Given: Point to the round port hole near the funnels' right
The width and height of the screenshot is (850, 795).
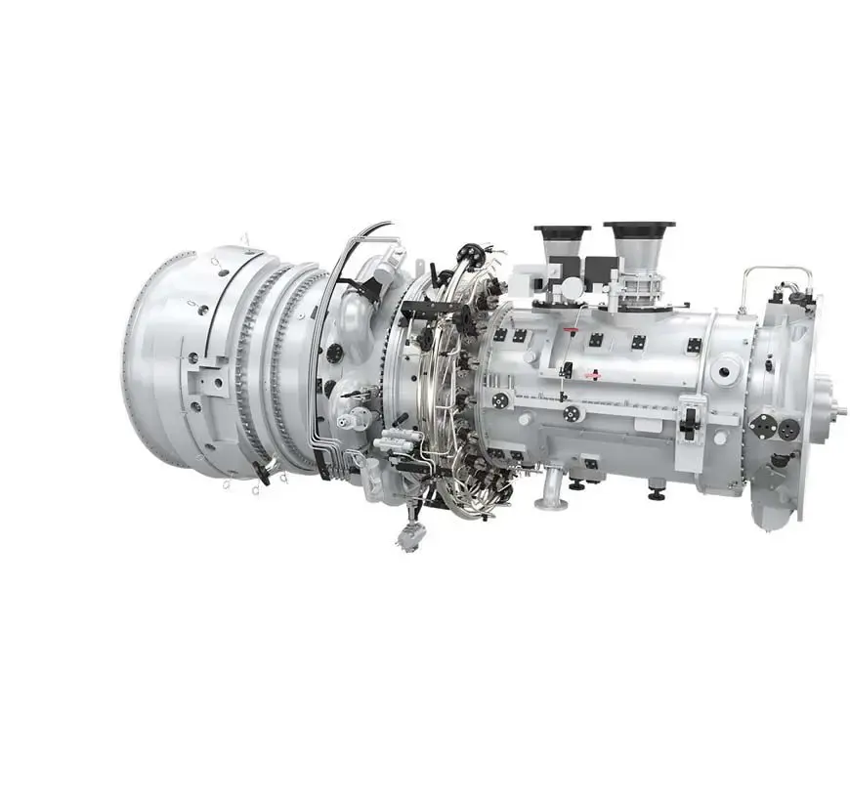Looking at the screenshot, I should (725, 369).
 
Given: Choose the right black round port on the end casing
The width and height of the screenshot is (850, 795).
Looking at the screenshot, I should (788, 428).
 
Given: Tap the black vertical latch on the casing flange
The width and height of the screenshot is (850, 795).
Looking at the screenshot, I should (689, 421).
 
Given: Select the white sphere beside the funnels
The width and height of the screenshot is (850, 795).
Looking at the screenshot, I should (570, 288).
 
